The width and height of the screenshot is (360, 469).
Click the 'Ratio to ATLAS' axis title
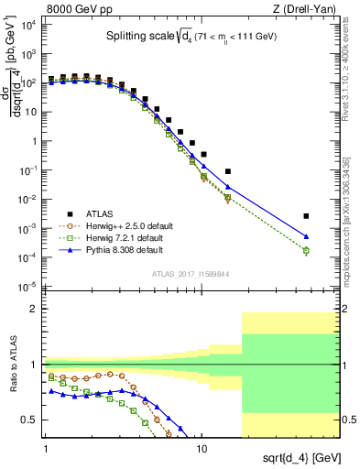pos(13,366)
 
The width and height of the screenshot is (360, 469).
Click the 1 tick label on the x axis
pos(46,449)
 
